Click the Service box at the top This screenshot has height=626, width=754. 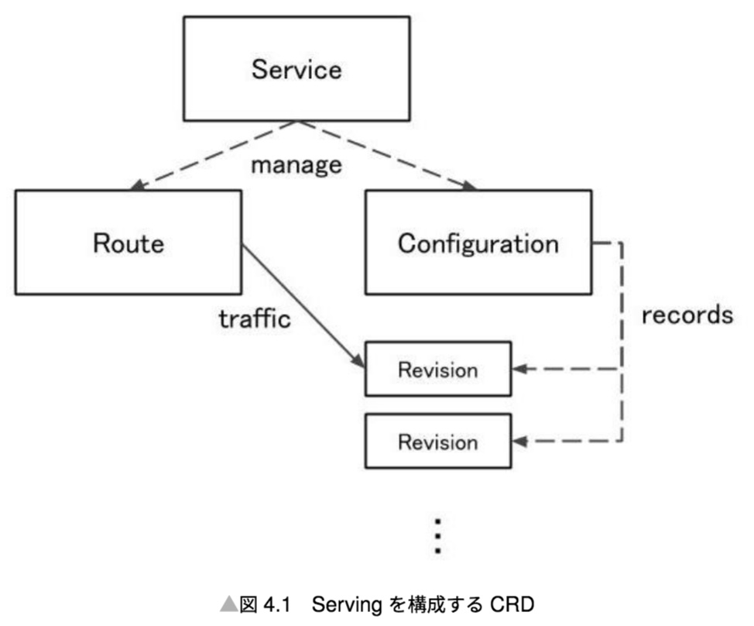pyautogui.click(x=296, y=69)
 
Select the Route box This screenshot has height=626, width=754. pyautogui.click(x=129, y=242)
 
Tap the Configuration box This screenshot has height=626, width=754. pyautogui.click(x=478, y=242)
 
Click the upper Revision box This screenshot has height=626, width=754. pyautogui.click(x=437, y=369)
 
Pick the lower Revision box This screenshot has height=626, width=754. pyautogui.click(x=437, y=442)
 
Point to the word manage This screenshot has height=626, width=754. pyautogui.click(x=296, y=164)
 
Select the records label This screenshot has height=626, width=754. pyautogui.click(x=687, y=314)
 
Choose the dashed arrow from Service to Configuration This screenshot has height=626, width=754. pyautogui.click(x=387, y=155)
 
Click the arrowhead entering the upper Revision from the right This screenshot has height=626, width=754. pyautogui.click(x=520, y=370)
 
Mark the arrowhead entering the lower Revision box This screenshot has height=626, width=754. pyautogui.click(x=520, y=442)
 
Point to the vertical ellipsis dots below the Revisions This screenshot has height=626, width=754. pyautogui.click(x=438, y=535)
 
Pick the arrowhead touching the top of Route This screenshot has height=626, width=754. pyautogui.click(x=137, y=185)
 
